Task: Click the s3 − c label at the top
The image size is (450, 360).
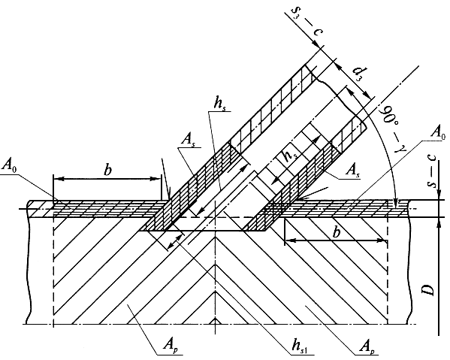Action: click(307, 22)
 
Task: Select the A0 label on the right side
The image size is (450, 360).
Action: click(439, 132)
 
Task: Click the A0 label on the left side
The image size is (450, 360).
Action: click(9, 165)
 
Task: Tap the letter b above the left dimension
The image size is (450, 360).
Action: click(107, 170)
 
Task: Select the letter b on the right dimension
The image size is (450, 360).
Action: click(336, 232)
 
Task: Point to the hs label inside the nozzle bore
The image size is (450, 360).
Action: click(290, 156)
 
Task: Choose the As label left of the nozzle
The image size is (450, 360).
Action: click(187, 140)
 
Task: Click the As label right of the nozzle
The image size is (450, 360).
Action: click(352, 170)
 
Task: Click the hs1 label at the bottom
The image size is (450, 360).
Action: click(300, 346)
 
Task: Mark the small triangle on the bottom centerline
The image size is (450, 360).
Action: click(216, 321)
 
